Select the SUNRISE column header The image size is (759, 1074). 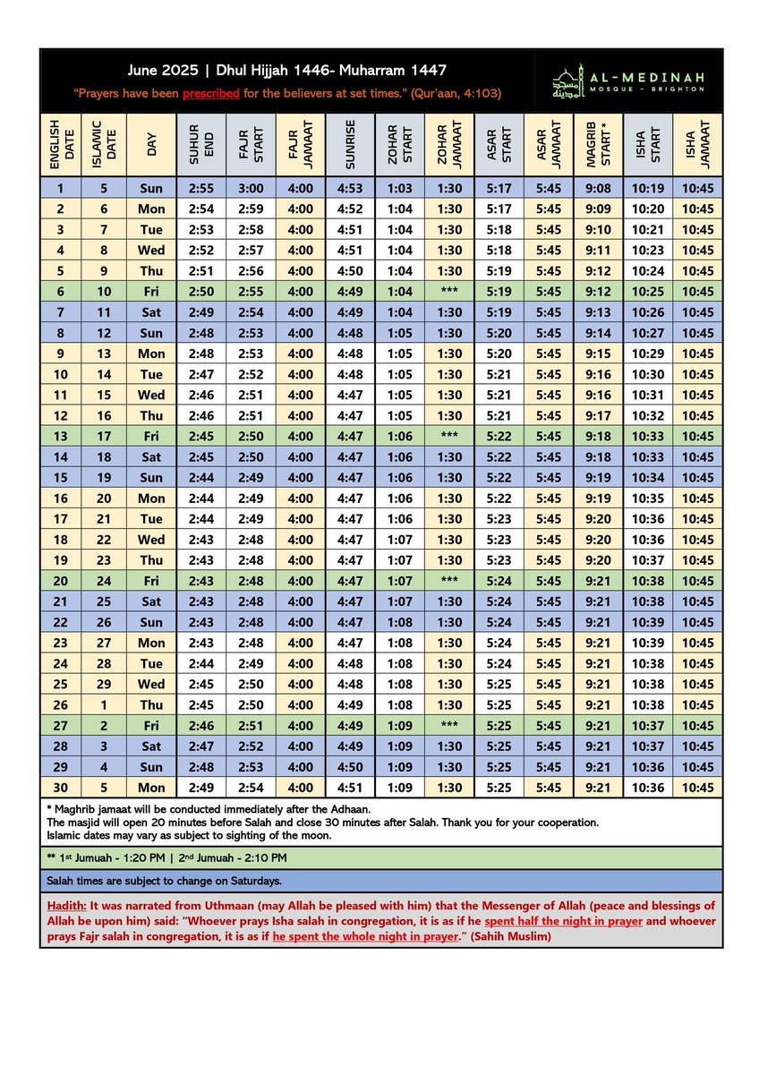coord(351,144)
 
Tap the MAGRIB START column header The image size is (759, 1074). coord(598,144)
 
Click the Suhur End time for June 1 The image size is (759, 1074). coord(200,188)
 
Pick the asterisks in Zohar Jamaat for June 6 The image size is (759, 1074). coord(449,292)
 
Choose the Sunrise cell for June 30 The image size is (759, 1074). coord(351,788)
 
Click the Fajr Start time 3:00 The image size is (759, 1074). coord(251,188)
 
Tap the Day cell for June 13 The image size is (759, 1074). coord(151,436)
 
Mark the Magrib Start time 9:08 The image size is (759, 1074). coord(598,188)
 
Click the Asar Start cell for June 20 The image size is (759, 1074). coord(499,581)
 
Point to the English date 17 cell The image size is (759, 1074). coord(61,519)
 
